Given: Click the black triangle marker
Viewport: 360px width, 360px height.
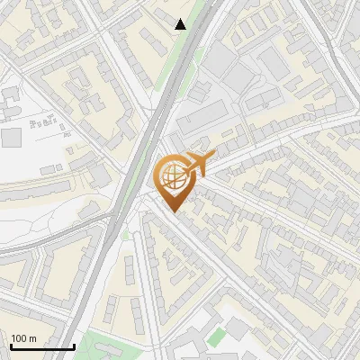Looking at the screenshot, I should click(x=181, y=24).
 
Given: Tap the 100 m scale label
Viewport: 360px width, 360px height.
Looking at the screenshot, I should click(x=25, y=338).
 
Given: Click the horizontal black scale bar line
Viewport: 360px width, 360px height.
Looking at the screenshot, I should click(x=41, y=347).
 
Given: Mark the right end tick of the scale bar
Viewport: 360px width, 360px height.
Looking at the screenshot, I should click(x=73, y=346).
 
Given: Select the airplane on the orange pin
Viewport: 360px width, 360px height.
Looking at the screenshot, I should click(x=198, y=163).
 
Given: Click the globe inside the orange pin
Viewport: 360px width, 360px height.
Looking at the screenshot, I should click(x=173, y=175).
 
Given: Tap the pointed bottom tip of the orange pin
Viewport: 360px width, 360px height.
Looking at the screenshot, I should click(x=174, y=212).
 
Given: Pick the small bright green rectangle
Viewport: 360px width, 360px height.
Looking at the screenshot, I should click(x=216, y=337).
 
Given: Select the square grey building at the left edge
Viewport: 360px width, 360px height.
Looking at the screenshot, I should click(x=11, y=138).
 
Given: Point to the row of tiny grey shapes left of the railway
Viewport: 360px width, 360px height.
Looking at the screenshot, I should click(x=45, y=121).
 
